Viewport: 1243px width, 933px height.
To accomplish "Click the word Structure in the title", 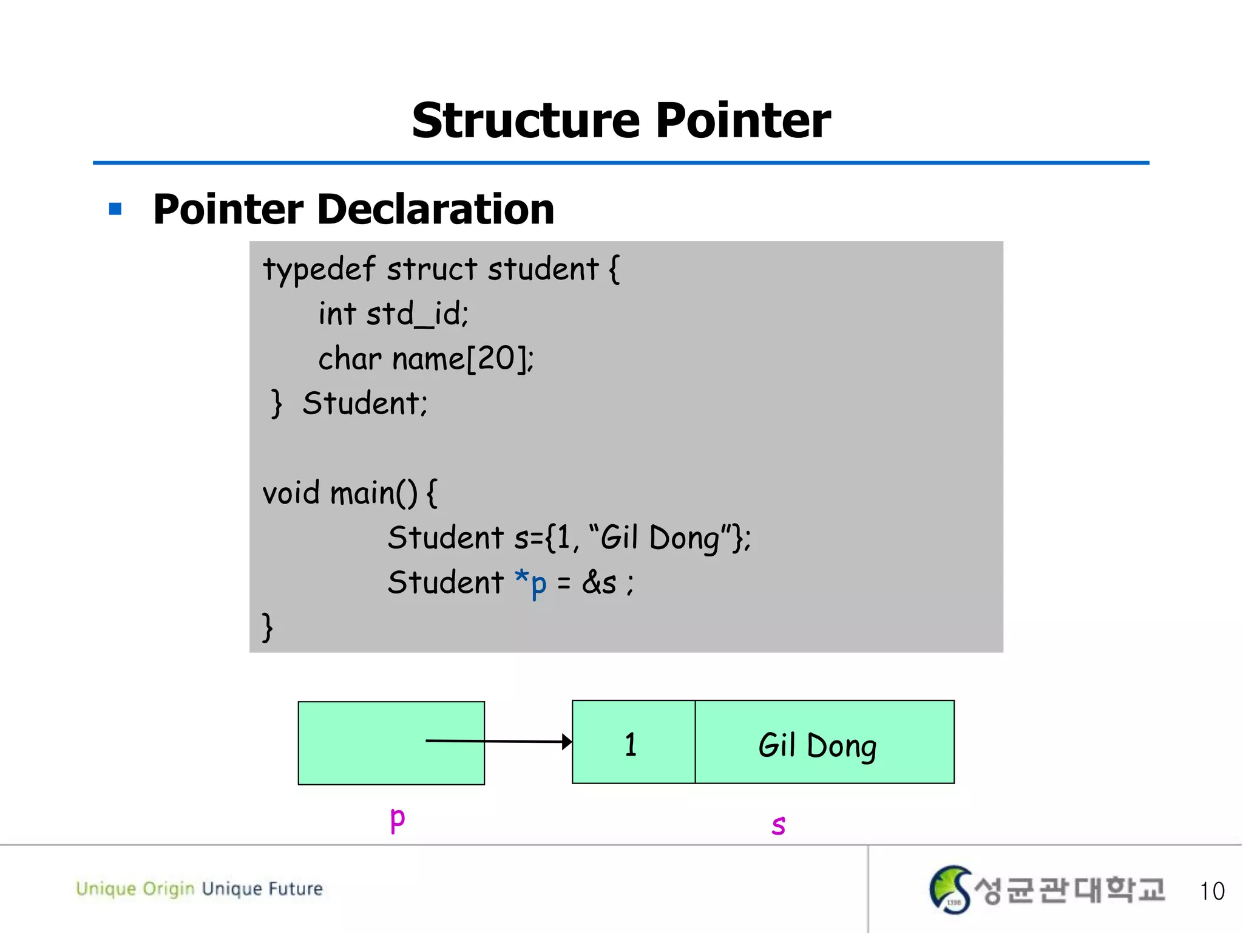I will [526, 120].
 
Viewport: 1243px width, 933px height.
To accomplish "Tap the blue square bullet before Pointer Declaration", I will [115, 210].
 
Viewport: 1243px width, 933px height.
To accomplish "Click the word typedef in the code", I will [319, 270].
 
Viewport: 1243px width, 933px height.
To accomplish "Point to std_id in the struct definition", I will [418, 315].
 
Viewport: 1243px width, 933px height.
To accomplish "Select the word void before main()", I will [291, 493].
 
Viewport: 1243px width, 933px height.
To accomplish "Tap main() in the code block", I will [373, 493].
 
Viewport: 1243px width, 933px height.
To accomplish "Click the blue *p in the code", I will [530, 582].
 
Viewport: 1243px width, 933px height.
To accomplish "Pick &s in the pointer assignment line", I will [599, 583].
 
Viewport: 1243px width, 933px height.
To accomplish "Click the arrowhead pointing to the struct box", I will [566, 742].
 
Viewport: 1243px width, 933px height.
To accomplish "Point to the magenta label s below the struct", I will [778, 825].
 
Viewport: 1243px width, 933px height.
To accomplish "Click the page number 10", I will [1212, 891].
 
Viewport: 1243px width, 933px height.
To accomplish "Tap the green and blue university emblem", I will [950, 889].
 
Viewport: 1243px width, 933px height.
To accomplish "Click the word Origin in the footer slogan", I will [168, 889].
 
